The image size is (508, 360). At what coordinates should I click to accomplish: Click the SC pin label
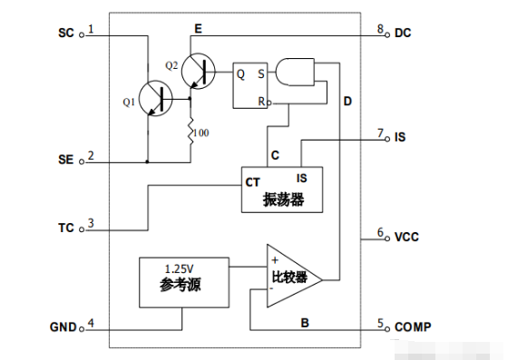[66, 33]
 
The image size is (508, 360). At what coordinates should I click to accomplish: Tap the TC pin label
[66, 226]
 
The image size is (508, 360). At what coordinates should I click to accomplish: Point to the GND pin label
[62, 325]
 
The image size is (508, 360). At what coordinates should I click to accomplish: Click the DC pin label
[403, 33]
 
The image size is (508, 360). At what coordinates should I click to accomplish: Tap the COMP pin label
[412, 326]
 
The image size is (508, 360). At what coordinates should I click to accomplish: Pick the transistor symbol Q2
[197, 71]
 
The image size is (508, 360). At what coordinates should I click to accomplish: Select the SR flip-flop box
[251, 84]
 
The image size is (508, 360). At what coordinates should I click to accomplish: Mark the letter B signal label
[303, 320]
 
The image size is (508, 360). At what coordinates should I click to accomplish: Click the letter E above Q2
[197, 30]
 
